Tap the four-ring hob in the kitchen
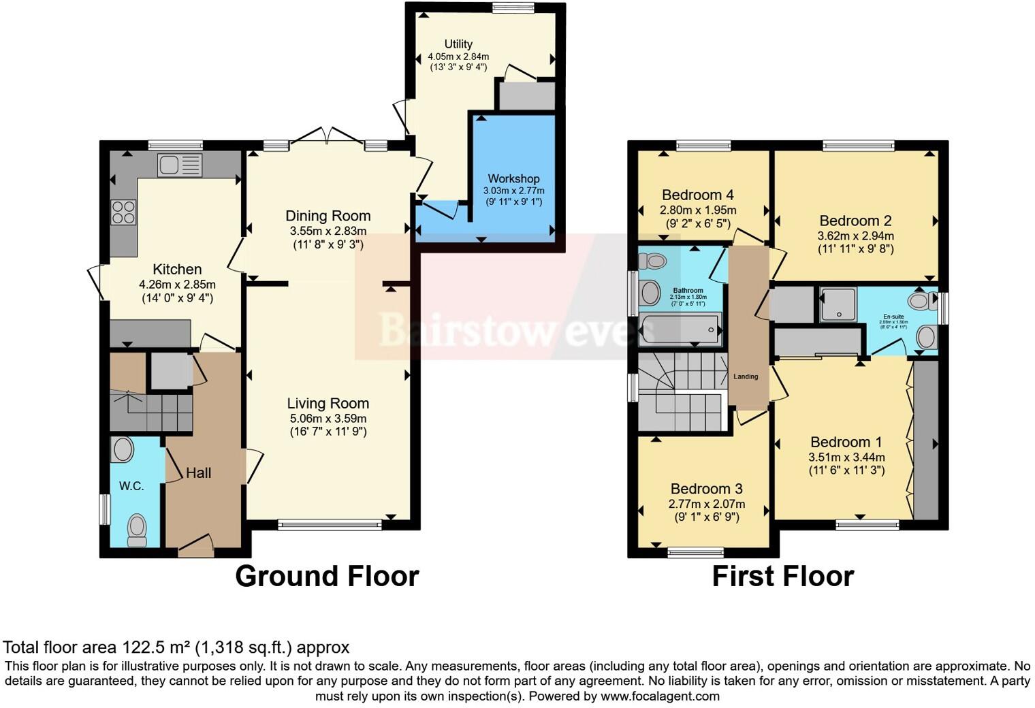(123, 212)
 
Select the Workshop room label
(513, 179)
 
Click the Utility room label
(458, 44)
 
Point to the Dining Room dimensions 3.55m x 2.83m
(328, 231)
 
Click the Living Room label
(328, 404)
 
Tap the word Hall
(198, 473)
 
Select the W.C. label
(131, 486)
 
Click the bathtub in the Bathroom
(680, 329)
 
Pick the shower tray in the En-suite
(836, 305)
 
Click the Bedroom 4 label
(697, 195)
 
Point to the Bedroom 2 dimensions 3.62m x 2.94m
(855, 236)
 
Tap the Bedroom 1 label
(846, 442)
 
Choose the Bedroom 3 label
(706, 489)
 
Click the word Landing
(746, 376)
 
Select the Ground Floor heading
(327, 577)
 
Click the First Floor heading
(782, 577)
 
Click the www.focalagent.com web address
(660, 696)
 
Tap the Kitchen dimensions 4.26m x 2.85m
(177, 285)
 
